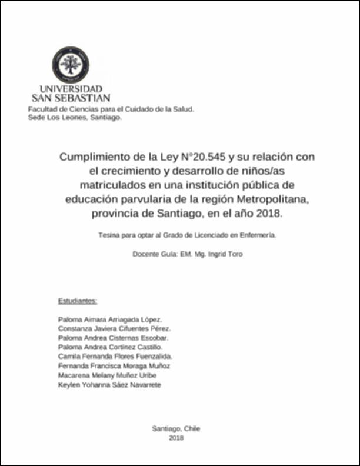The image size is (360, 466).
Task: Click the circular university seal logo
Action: point(71,64)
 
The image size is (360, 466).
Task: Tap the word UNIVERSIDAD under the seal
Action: point(71,89)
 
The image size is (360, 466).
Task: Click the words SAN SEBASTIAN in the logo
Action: point(71,98)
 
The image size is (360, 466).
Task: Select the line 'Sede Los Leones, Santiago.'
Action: point(71,118)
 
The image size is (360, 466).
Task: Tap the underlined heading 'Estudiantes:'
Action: point(77,301)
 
